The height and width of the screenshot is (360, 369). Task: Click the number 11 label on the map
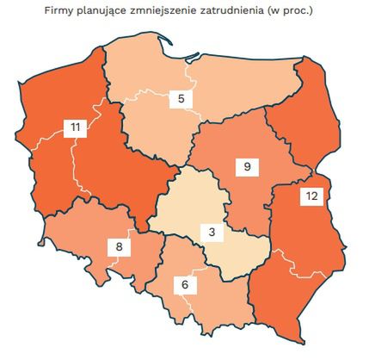coord(77,128)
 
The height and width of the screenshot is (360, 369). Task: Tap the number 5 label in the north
coord(181,98)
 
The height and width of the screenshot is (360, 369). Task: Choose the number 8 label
coord(120,247)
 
